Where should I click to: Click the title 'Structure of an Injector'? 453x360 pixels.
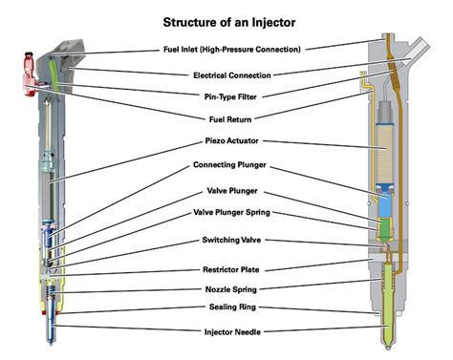[229, 23]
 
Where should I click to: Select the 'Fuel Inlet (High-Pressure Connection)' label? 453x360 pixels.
[232, 50]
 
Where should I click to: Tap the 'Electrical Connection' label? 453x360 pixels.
[232, 75]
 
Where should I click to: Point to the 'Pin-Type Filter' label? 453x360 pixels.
[230, 96]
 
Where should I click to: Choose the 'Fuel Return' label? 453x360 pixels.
[230, 119]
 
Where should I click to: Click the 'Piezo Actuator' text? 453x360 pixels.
[231, 140]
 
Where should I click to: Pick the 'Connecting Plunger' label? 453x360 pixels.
[229, 165]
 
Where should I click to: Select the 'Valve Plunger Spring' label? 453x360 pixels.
[231, 212]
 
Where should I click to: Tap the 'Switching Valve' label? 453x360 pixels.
[231, 240]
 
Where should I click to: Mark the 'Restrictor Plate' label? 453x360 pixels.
[231, 269]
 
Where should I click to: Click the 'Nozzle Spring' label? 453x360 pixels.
[231, 289]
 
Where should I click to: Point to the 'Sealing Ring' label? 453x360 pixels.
[232, 307]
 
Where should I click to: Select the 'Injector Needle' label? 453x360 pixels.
[232, 332]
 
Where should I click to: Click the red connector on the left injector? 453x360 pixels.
[30, 74]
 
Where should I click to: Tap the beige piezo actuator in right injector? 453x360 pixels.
[385, 154]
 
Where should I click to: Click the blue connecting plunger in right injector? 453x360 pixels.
[386, 201]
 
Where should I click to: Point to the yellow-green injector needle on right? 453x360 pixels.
[388, 306]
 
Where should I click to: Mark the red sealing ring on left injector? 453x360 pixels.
[51, 313]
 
